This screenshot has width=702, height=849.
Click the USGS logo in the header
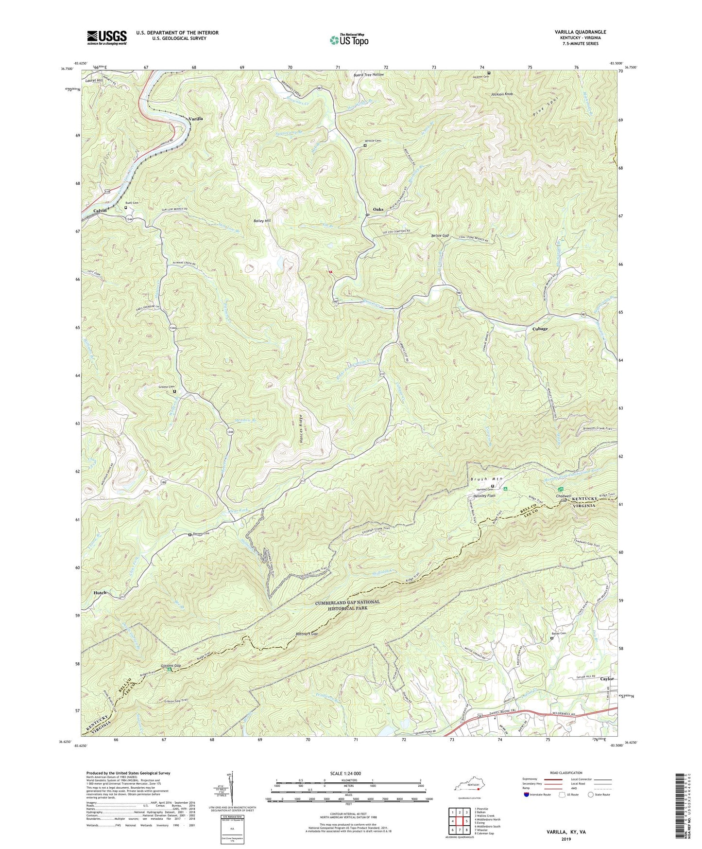pos(107,37)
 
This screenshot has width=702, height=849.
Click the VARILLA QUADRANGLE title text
pos(579,32)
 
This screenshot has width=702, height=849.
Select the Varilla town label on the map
pos(195,119)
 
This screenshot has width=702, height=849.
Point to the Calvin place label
pos(100,211)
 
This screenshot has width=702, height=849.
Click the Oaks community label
pos(378,210)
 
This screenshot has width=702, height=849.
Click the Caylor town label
pos(607,679)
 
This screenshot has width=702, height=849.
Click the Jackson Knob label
pos(501,94)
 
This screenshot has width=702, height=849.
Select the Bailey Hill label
pos(262,221)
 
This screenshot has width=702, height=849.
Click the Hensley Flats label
pos(483,496)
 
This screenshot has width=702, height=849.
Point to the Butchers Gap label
pos(307,634)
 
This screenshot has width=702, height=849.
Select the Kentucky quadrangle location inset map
pos(470,786)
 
